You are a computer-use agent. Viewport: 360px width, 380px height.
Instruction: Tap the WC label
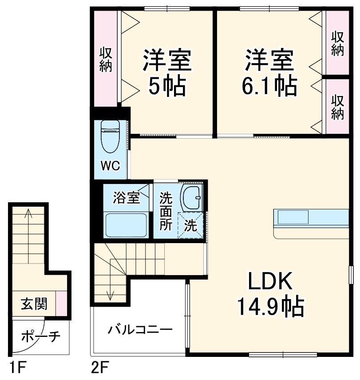pos(110,166)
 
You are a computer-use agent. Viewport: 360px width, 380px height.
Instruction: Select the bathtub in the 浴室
pos(126,224)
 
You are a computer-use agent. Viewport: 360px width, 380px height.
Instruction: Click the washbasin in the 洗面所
pos(191,197)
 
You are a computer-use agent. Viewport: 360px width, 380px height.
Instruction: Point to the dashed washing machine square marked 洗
pos(191,226)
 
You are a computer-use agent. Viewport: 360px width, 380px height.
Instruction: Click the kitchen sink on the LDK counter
pos(293,217)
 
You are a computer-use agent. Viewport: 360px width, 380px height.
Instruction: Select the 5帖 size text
pos(166,87)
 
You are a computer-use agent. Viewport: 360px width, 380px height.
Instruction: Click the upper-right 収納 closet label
pos(337,44)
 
